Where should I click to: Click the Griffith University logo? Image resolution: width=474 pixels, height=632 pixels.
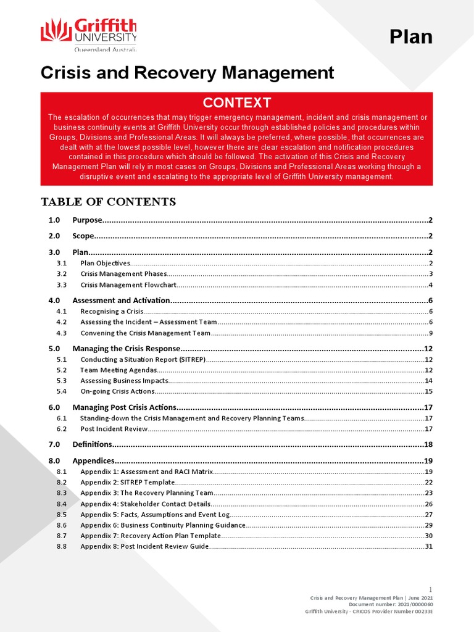pyautogui.click(x=88, y=35)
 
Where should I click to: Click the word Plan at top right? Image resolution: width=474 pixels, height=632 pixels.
pyautogui.click(x=410, y=37)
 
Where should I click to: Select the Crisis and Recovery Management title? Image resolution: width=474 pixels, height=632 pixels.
pyautogui.click(x=187, y=73)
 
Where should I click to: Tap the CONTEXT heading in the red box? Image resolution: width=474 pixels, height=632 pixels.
pyautogui.click(x=237, y=102)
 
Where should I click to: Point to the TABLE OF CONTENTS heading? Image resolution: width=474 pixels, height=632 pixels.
pyautogui.click(x=108, y=202)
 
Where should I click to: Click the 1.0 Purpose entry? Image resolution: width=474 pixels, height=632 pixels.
pyautogui.click(x=87, y=220)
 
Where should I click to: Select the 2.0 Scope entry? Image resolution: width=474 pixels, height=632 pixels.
pyautogui.click(x=83, y=236)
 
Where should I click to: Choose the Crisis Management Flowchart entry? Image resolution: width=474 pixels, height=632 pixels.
pyautogui.click(x=128, y=285)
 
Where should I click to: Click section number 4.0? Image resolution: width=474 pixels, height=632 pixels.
pyautogui.click(x=54, y=300)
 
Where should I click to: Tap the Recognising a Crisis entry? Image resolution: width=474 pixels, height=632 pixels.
pyautogui.click(x=112, y=312)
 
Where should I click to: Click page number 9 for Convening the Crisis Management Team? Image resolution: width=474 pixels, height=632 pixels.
pyautogui.click(x=430, y=333)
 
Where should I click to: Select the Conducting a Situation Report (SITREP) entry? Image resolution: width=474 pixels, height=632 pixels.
pyautogui.click(x=143, y=359)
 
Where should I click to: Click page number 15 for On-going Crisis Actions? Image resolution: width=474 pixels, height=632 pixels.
pyautogui.click(x=428, y=391)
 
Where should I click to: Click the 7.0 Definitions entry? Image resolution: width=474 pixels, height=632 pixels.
pyautogui.click(x=92, y=444)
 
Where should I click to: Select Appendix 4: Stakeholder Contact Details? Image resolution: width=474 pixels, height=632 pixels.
pyautogui.click(x=141, y=504)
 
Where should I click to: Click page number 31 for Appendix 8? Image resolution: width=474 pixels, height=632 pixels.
pyautogui.click(x=428, y=546)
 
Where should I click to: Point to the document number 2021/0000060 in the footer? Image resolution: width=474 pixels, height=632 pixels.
pyautogui.click(x=410, y=605)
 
